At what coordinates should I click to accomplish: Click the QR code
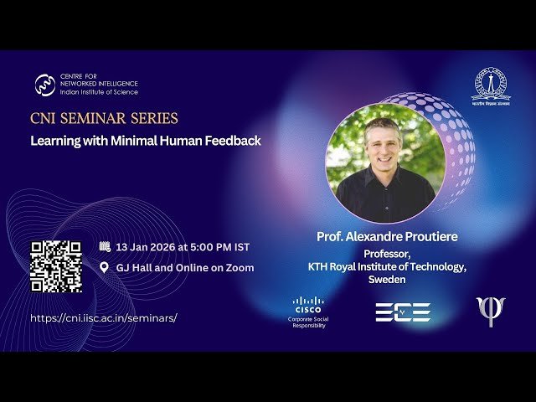[56, 266]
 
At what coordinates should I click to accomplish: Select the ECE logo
[402, 312]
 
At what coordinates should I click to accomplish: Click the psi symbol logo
[491, 311]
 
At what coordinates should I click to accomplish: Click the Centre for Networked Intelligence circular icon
[45, 85]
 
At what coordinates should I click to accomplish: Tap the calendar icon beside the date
[105, 247]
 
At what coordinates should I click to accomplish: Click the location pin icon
[105, 268]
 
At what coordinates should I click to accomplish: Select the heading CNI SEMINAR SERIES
[104, 119]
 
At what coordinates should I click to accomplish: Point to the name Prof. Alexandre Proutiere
[387, 237]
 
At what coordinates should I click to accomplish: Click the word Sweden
[387, 280]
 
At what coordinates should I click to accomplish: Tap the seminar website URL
[104, 318]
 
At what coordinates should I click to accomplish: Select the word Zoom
[238, 268]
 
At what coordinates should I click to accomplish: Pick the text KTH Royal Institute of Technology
[387, 266]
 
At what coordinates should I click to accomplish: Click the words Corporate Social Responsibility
[307, 322]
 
